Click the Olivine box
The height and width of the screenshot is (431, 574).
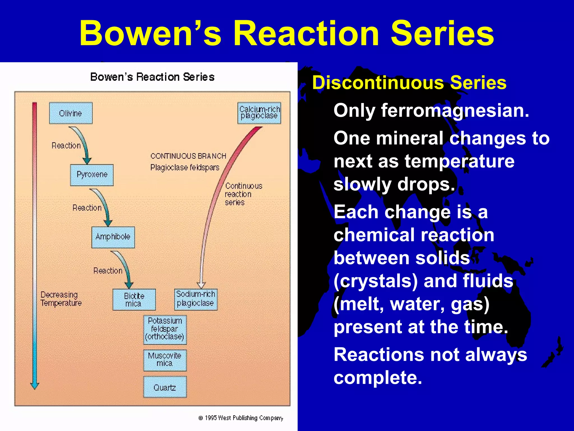point(71,113)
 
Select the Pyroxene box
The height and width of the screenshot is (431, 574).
point(92,175)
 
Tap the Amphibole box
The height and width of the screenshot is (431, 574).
point(113,237)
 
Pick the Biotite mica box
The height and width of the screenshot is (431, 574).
point(134,300)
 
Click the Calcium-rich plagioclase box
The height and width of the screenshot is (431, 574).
point(259,113)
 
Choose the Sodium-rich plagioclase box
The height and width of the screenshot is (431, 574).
point(196,299)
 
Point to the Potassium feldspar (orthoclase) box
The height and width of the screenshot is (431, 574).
point(165,329)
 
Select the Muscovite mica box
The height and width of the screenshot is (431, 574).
point(165,360)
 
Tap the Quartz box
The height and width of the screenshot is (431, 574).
point(165,388)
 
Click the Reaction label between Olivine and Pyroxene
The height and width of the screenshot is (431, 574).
point(66,145)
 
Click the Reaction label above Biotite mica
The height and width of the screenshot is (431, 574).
point(108,271)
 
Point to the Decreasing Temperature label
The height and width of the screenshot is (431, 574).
point(61,299)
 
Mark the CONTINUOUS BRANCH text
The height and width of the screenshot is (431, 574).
point(188,156)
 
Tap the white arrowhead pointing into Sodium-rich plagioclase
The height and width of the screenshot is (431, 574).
point(201,285)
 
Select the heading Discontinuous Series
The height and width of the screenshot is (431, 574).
point(409,83)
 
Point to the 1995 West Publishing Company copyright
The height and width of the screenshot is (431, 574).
point(241,418)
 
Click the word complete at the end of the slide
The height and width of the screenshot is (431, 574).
point(377,378)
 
